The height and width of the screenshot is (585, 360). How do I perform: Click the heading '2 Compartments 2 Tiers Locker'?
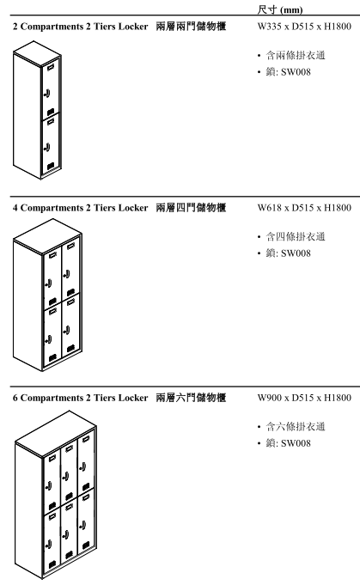(80, 27)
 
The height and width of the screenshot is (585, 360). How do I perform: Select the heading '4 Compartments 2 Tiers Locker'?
(80, 208)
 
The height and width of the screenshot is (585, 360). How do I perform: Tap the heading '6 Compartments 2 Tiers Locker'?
(80, 398)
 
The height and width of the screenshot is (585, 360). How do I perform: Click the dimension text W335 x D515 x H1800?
(304, 27)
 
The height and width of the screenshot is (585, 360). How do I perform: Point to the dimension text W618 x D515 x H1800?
(304, 208)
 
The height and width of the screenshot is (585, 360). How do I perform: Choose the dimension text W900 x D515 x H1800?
(304, 398)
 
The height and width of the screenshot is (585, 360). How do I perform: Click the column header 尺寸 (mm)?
(280, 9)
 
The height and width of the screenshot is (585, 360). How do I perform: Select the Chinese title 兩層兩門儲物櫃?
(191, 27)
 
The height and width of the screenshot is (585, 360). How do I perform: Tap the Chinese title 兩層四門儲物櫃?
(191, 208)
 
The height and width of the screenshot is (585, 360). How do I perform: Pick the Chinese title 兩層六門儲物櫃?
(191, 398)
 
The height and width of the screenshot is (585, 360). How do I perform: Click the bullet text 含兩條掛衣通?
(296, 55)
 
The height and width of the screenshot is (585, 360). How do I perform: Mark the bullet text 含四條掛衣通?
(296, 236)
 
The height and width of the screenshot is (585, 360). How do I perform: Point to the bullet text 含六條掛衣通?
(296, 426)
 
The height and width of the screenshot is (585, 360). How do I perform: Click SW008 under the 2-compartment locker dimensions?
(296, 72)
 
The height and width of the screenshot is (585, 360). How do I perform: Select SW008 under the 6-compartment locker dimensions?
(296, 443)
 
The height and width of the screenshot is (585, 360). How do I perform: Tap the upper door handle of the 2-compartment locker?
(47, 94)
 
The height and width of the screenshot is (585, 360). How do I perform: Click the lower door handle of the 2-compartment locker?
(47, 147)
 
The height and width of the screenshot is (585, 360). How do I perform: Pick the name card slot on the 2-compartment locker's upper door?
(51, 67)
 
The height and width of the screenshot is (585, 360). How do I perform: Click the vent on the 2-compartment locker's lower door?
(51, 165)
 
